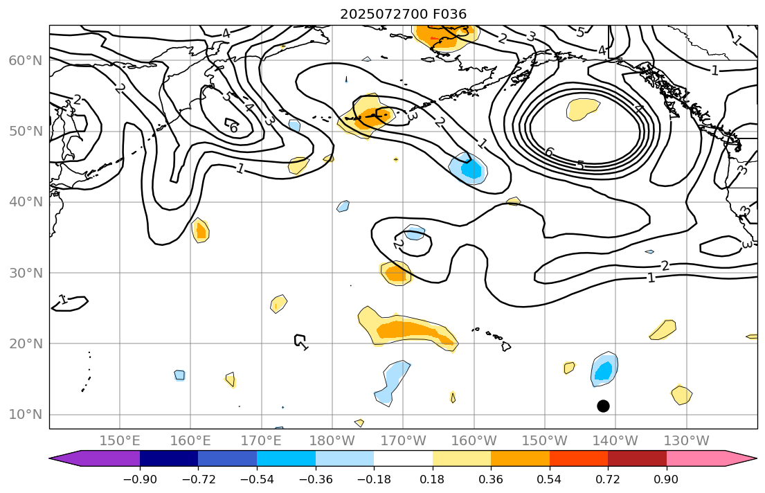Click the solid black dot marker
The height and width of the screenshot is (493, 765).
[x=603, y=406]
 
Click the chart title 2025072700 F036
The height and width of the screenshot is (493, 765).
[x=403, y=14]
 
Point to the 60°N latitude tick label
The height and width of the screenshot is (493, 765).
[x=25, y=61]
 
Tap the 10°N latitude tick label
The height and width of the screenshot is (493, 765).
[x=25, y=415]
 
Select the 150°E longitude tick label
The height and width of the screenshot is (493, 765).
[x=120, y=440]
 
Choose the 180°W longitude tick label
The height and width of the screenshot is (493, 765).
[x=332, y=440]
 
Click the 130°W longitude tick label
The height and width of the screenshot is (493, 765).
[x=686, y=440]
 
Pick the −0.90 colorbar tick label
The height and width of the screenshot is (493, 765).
[x=140, y=479]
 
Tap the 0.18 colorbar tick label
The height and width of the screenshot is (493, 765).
[x=433, y=479]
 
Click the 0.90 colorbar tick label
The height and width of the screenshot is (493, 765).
[x=667, y=479]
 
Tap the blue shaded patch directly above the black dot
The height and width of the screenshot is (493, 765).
[x=604, y=370]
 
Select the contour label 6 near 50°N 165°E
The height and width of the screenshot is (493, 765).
[x=233, y=128]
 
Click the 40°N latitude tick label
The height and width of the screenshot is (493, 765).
[x=25, y=202]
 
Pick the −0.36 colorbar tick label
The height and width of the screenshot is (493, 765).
[x=316, y=479]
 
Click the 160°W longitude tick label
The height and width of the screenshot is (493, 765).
[x=474, y=440]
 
